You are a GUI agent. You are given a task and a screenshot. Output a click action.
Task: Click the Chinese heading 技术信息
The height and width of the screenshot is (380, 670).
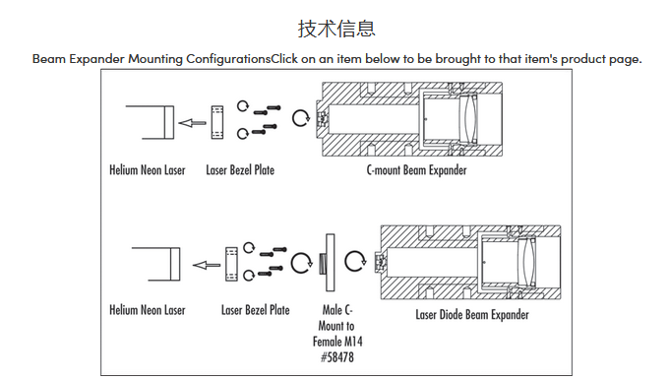click(336, 29)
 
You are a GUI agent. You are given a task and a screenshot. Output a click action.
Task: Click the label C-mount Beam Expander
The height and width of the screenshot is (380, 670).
click(416, 170)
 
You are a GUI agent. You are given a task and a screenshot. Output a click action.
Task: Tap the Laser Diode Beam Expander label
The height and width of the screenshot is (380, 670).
click(472, 315)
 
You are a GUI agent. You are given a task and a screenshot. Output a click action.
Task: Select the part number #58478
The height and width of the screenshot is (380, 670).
click(337, 356)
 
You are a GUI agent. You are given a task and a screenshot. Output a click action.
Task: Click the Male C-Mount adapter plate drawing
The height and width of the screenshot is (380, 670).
click(330, 263)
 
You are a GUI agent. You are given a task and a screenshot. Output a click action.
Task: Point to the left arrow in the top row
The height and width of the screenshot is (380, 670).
click(192, 123)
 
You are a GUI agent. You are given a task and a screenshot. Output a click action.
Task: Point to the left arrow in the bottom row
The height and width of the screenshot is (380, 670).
click(207, 266)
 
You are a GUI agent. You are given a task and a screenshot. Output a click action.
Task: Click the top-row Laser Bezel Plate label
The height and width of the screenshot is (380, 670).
click(240, 170)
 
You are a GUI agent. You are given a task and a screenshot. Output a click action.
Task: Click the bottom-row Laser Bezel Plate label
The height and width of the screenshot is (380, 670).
click(256, 310)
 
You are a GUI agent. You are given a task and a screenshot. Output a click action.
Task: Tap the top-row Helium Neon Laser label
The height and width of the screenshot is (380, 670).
click(148, 170)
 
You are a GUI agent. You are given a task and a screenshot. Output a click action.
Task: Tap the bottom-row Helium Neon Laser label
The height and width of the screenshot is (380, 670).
click(148, 310)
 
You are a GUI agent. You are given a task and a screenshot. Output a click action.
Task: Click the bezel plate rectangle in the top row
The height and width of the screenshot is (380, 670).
click(217, 122)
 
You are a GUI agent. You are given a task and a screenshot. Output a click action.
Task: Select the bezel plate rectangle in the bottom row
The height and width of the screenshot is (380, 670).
click(231, 264)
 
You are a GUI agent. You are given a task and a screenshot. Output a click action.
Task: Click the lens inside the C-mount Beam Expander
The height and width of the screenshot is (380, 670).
click(468, 118)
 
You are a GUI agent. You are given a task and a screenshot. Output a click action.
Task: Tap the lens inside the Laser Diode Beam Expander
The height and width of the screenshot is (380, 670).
click(527, 262)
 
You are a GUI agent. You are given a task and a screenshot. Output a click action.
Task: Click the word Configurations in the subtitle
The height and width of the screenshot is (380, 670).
click(228, 59)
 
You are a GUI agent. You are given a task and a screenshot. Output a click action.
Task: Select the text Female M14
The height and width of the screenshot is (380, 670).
click(337, 341)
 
